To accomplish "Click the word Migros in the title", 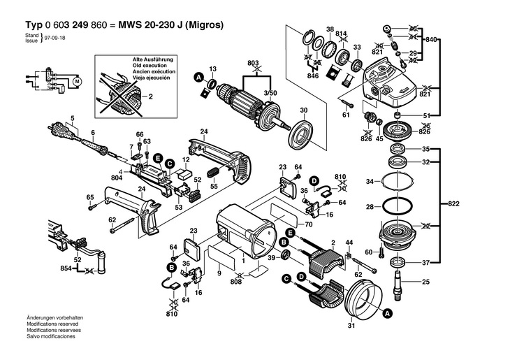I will (x=205, y=24).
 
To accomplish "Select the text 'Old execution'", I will (x=149, y=67).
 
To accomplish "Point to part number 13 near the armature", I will (x=214, y=68).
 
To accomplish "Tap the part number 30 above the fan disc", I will (x=304, y=110).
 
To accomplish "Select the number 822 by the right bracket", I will (x=454, y=204).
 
